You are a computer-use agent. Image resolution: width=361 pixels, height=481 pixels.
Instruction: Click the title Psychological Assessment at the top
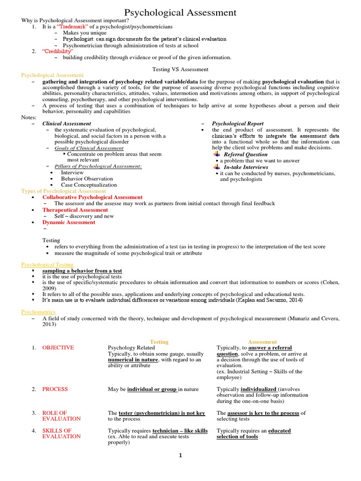point(180,13)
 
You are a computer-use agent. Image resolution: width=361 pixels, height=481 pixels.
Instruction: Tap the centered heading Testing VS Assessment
point(180,69)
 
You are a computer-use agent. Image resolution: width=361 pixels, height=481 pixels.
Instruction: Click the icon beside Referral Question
point(216,154)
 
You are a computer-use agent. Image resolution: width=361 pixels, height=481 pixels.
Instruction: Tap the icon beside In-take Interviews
point(216,167)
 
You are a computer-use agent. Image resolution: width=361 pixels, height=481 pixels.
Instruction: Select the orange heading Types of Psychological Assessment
point(63,191)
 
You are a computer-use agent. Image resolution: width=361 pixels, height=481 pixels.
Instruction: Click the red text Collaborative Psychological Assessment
point(92,197)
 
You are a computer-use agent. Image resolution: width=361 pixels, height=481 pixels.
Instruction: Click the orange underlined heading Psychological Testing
point(47,265)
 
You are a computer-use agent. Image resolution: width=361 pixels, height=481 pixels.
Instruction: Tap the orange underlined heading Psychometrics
point(39,312)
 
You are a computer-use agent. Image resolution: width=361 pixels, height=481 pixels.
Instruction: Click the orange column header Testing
point(159,341)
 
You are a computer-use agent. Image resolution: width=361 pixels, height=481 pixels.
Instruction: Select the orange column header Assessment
point(263,341)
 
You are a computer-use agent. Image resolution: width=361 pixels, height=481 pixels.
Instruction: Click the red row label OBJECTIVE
point(58,348)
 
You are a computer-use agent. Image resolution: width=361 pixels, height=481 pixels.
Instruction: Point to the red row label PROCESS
point(55,389)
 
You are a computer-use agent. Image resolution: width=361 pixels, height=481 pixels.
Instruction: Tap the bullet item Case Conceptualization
point(89,185)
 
